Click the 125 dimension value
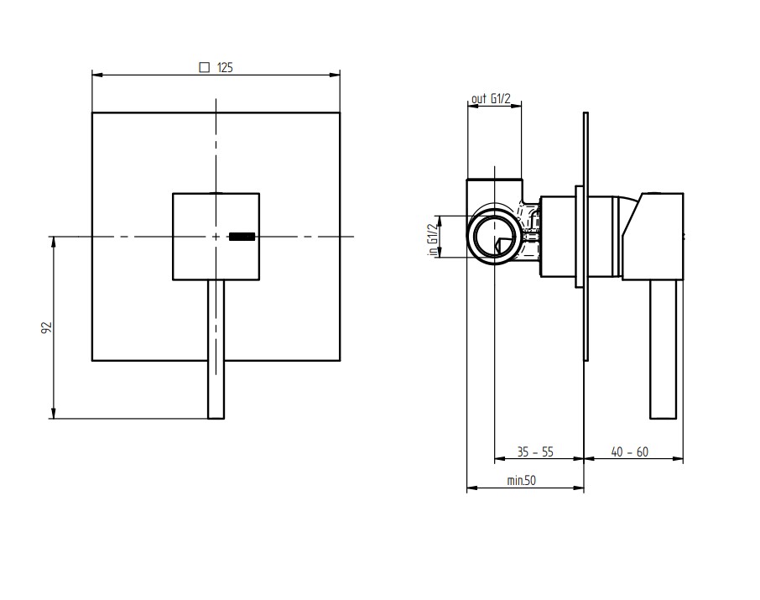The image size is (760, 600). click(x=225, y=67)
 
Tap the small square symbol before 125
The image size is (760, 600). click(x=205, y=67)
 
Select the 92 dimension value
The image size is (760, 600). click(x=46, y=327)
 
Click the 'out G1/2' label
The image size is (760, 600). click(x=491, y=98)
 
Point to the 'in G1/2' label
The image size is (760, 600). click(x=432, y=237)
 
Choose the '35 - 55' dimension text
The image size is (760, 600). click(x=535, y=452)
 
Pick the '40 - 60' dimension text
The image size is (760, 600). click(x=630, y=452)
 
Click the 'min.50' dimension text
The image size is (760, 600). click(x=522, y=480)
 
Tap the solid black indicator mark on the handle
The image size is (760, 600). click(x=242, y=237)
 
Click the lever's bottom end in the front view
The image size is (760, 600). click(x=216, y=418)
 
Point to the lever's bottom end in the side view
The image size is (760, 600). click(x=663, y=418)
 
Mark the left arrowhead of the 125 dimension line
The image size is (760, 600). click(x=97, y=75)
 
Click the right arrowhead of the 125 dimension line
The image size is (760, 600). click(x=335, y=75)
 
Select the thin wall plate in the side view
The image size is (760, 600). click(x=586, y=237)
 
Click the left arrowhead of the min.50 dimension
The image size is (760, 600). click(x=472, y=488)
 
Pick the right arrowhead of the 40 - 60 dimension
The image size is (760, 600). click(x=678, y=458)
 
